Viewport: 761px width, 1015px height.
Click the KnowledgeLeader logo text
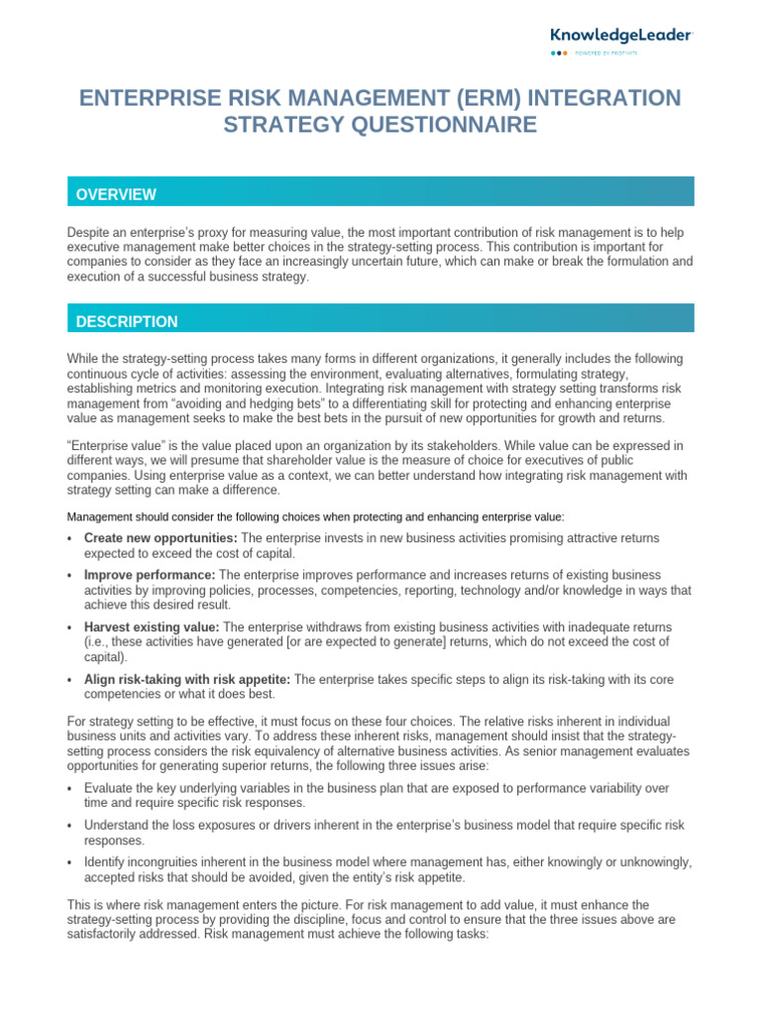[622, 34]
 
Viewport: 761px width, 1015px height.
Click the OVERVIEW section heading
[116, 194]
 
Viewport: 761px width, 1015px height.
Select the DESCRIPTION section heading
[127, 321]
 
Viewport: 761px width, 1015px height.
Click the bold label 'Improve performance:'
[150, 574]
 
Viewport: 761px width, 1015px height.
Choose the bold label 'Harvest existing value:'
[153, 626]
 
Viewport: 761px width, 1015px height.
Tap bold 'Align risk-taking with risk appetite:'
[187, 679]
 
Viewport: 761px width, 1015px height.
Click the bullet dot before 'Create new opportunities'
[70, 538]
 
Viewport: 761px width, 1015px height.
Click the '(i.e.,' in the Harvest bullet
[100, 641]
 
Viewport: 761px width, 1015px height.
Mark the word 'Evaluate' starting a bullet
[110, 787]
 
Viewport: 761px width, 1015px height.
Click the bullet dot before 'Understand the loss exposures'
[70, 826]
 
